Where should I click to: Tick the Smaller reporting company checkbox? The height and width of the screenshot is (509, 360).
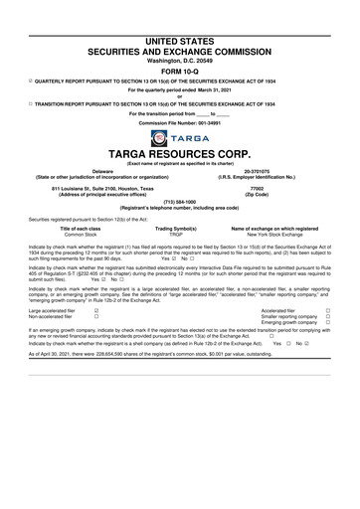tap(328, 316)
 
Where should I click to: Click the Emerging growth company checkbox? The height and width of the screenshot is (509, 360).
tap(328, 323)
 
